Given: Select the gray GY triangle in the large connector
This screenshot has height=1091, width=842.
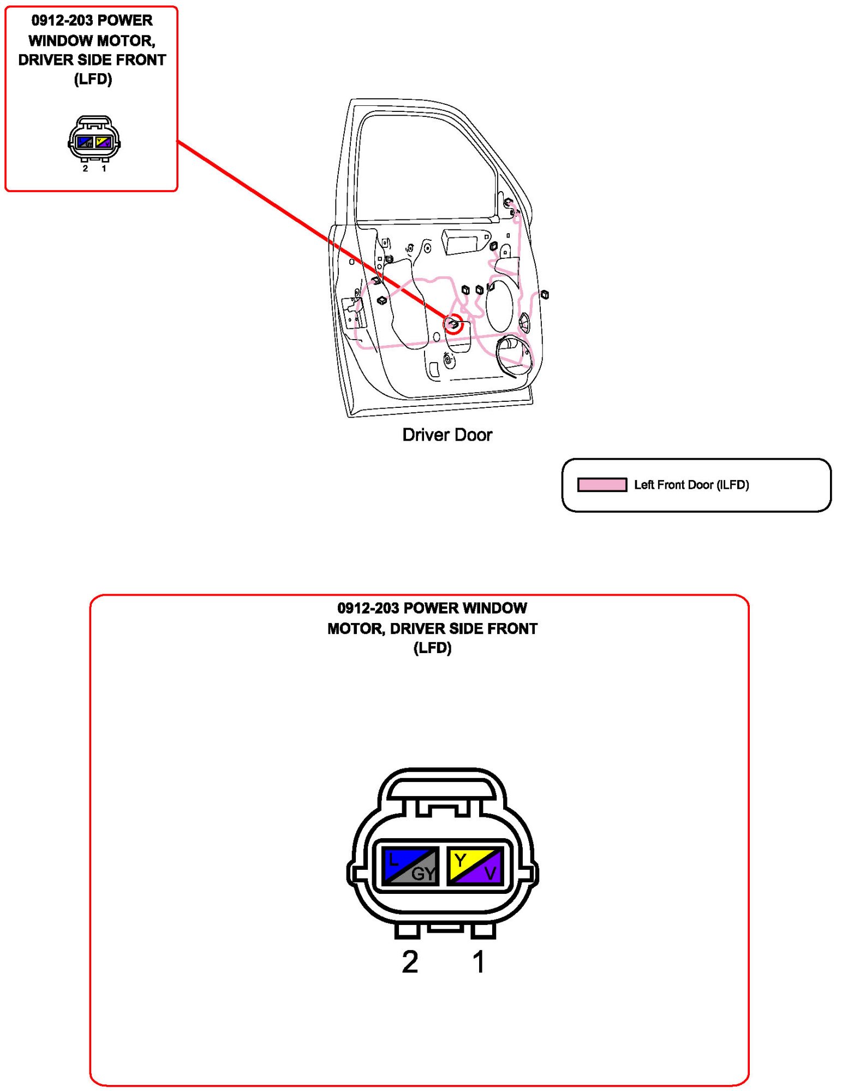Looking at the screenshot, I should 423,873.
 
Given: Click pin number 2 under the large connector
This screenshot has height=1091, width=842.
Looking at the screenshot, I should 410,962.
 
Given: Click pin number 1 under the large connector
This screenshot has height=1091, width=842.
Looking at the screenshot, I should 479,962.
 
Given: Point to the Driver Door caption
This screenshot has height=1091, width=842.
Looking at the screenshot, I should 447,435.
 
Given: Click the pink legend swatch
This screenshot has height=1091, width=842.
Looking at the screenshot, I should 602,484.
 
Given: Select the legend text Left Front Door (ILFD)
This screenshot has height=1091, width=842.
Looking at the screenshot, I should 691,484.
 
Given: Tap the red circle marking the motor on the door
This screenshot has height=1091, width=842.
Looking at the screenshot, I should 453,325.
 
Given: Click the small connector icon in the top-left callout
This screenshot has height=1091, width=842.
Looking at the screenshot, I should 94,139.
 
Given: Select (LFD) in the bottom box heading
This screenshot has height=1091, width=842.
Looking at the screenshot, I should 432,648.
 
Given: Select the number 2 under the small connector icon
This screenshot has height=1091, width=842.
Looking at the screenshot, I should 85,168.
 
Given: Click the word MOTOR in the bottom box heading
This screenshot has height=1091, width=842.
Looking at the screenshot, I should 355,628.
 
